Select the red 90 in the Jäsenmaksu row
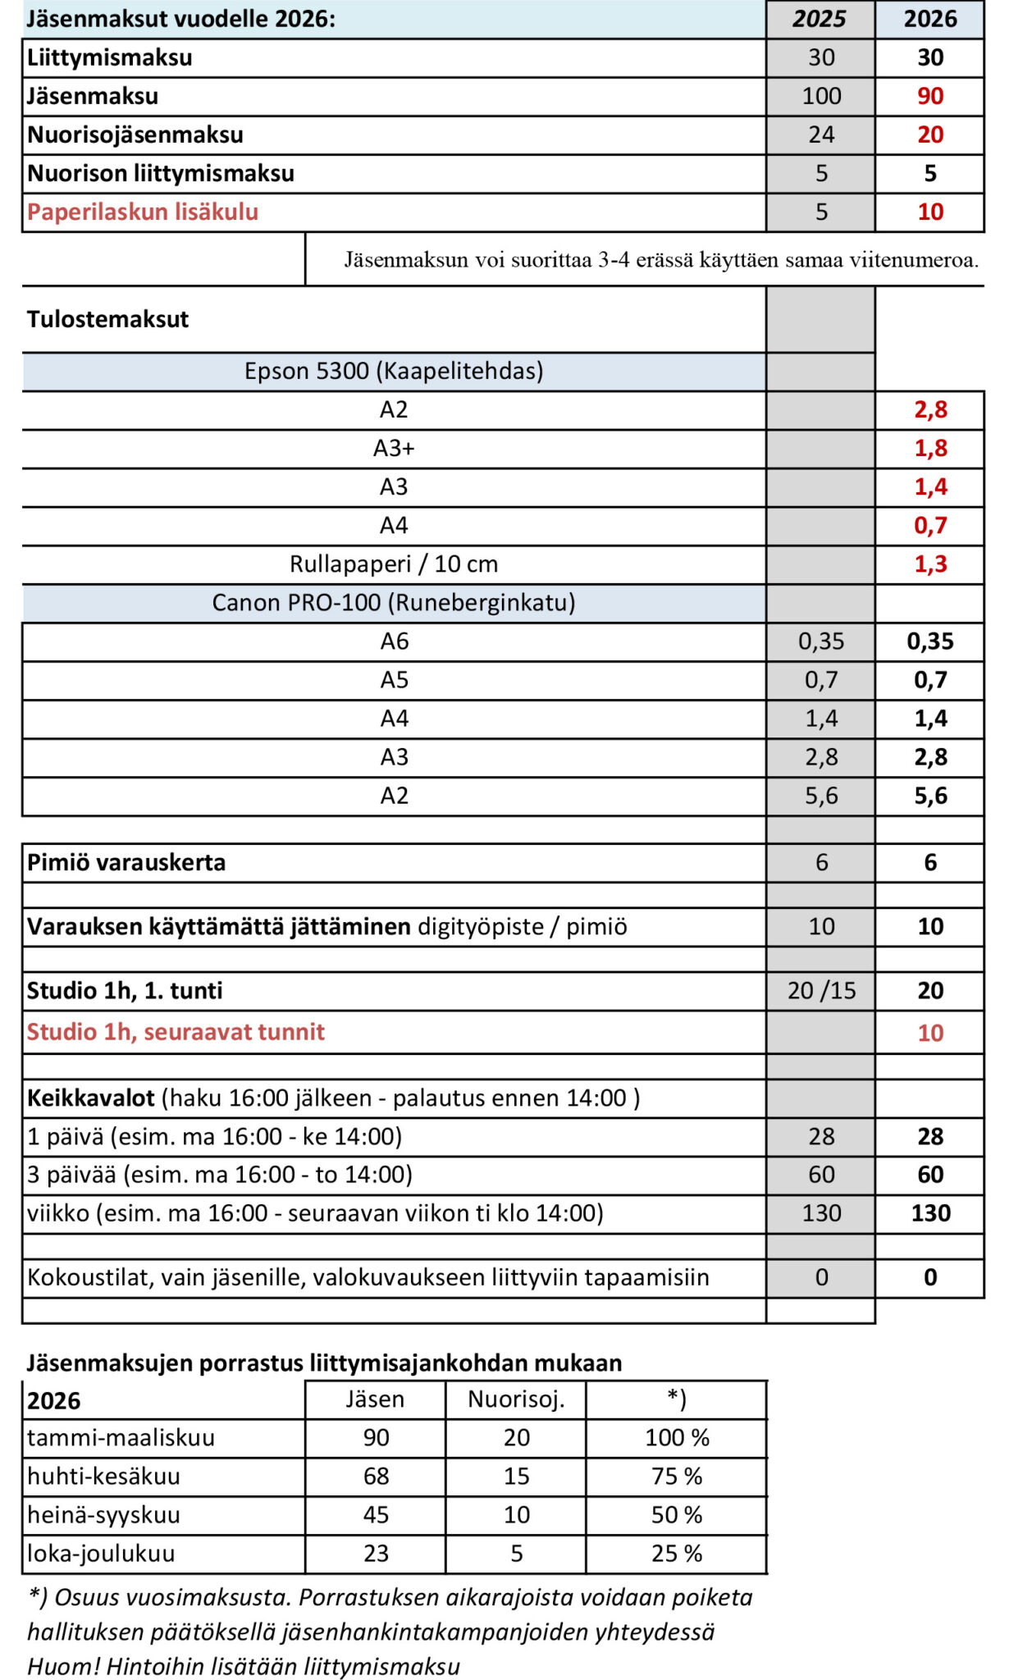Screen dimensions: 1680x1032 pyautogui.click(x=929, y=96)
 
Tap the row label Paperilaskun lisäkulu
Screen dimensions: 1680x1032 pyautogui.click(x=143, y=212)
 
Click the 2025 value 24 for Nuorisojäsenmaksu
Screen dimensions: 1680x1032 pyautogui.click(x=820, y=135)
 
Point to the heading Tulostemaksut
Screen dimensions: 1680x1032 pyautogui.click(x=107, y=319)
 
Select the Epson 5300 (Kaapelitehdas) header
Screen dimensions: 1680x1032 pyautogui.click(x=394, y=371)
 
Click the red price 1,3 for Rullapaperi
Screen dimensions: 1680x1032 pyautogui.click(x=930, y=564)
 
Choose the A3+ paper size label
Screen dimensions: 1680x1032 pyautogui.click(x=394, y=448)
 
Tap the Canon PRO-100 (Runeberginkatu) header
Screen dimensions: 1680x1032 pyautogui.click(x=394, y=603)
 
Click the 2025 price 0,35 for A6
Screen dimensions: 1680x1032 pyautogui.click(x=820, y=641)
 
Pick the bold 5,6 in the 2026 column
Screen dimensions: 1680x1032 pyautogui.click(x=930, y=796)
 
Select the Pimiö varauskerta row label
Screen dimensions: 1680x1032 pyautogui.click(x=126, y=863)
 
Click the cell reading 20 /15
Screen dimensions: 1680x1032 pyautogui.click(x=821, y=991)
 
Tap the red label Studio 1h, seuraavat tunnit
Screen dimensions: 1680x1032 pyautogui.click(x=176, y=1032)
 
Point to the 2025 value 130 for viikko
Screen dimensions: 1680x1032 pyautogui.click(x=821, y=1213)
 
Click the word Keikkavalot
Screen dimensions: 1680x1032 pyautogui.click(x=91, y=1098)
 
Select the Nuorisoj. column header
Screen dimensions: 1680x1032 pyautogui.click(x=516, y=1399)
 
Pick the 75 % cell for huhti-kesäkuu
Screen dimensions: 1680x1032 pyautogui.click(x=677, y=1477)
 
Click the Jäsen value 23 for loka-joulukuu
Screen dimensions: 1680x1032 pyautogui.click(x=376, y=1554)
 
